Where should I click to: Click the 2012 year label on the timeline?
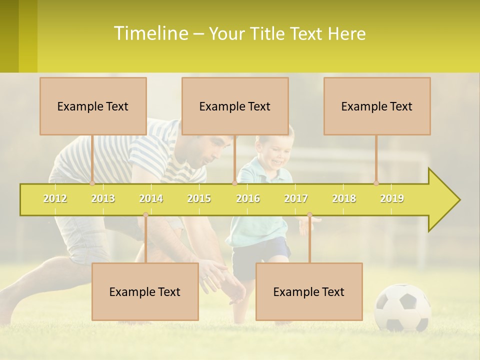click(55, 198)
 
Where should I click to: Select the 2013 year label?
click(103, 198)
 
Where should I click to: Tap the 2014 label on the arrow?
click(151, 198)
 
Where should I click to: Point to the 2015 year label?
click(199, 198)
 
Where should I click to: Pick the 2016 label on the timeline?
click(248, 198)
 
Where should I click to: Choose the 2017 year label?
click(296, 198)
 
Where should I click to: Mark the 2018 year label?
click(344, 198)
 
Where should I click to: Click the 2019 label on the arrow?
click(392, 198)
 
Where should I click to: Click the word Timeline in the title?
click(150, 33)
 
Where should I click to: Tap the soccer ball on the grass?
click(402, 307)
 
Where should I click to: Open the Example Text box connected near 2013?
click(93, 106)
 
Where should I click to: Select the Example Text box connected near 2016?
click(235, 106)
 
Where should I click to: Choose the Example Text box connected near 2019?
click(377, 106)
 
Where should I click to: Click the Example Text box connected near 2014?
click(145, 291)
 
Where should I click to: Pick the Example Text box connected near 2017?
click(309, 291)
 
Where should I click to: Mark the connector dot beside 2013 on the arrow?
click(92, 183)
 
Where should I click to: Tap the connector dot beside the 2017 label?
click(309, 215)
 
